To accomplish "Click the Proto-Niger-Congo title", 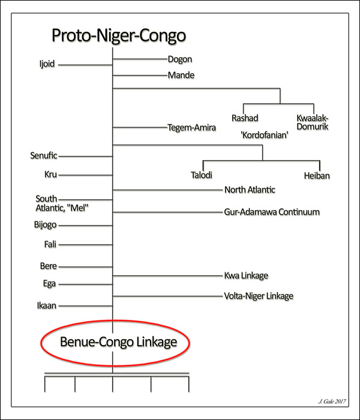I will (118, 35).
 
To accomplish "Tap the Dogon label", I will (179, 59).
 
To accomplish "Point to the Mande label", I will (181, 76).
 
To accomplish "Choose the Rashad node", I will (245, 117).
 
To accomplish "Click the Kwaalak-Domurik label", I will (313, 122).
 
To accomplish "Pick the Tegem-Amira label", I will (191, 127).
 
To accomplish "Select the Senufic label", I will (44, 156).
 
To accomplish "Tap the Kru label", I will (50, 175).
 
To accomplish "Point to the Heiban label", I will (318, 176).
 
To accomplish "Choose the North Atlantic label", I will (250, 190).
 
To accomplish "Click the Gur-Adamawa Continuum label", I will (271, 212).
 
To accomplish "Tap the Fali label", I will (50, 244).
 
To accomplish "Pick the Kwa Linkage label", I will (246, 275).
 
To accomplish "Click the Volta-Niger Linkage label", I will (259, 296).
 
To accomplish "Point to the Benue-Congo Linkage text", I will (119, 342).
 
